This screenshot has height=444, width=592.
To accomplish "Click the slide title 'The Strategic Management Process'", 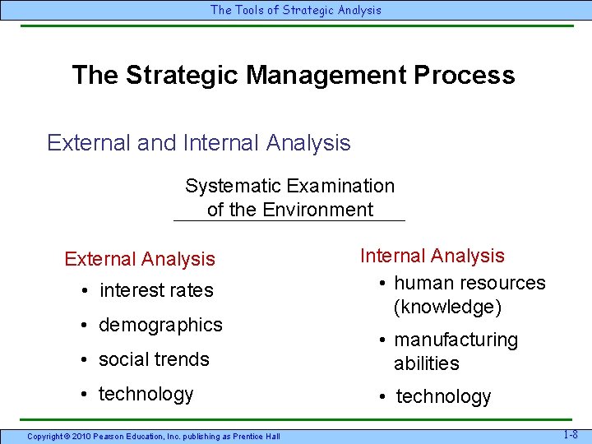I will [x=294, y=75].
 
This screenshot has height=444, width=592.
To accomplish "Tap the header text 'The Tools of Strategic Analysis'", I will [x=296, y=10].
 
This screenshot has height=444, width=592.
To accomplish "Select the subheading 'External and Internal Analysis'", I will [x=199, y=142].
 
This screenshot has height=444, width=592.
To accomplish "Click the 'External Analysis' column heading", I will [x=140, y=259].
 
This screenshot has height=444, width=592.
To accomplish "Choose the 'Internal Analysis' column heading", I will [x=432, y=257].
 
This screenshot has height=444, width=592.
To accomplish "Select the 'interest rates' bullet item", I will [x=155, y=290].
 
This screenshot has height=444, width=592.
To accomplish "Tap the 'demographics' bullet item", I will [x=160, y=325].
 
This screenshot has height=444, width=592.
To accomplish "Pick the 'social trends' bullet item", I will [x=154, y=359].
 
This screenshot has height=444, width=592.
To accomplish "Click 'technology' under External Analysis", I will [x=146, y=394].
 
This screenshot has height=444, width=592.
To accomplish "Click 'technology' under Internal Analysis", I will [x=443, y=396].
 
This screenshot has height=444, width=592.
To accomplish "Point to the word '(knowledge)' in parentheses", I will [x=447, y=307].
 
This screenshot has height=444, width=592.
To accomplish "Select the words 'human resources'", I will [x=469, y=283].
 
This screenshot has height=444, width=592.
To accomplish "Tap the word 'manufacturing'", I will [x=456, y=340].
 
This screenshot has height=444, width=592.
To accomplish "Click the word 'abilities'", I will [x=426, y=363].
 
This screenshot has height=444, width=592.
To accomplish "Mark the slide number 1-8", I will [x=571, y=433].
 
